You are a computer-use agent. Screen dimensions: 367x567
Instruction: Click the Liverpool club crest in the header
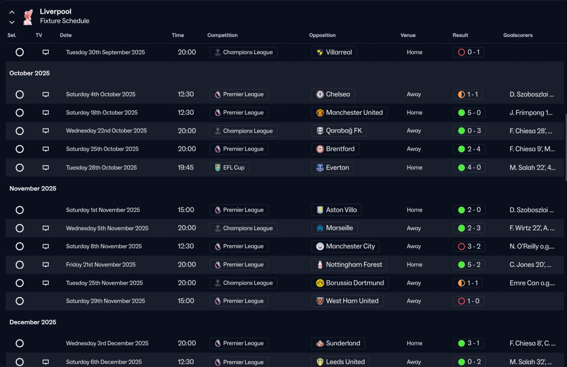(28, 17)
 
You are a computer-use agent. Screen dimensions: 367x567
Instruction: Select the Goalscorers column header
(518, 35)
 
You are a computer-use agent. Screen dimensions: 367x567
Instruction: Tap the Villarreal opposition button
(334, 52)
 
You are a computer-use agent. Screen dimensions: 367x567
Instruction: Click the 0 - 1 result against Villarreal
(469, 52)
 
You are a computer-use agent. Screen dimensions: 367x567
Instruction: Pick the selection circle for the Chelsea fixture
(19, 94)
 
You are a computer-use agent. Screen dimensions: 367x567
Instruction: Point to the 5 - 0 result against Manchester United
(469, 113)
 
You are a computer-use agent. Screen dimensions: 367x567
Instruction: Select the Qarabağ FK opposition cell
(339, 131)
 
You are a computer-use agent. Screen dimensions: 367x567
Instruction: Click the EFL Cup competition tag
(229, 168)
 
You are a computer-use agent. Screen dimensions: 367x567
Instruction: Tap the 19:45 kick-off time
(186, 168)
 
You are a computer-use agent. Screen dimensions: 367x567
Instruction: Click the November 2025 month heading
(33, 189)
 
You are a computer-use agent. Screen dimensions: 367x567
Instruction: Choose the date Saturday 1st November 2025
(103, 210)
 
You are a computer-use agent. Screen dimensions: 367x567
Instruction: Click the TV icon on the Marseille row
(46, 228)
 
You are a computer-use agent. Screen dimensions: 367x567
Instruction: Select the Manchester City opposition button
(345, 247)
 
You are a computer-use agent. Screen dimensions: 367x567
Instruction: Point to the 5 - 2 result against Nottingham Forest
(469, 265)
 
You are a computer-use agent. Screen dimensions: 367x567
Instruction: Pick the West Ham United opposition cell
(347, 301)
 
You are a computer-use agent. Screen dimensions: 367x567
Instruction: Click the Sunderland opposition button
(338, 343)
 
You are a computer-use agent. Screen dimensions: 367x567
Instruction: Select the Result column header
(460, 35)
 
